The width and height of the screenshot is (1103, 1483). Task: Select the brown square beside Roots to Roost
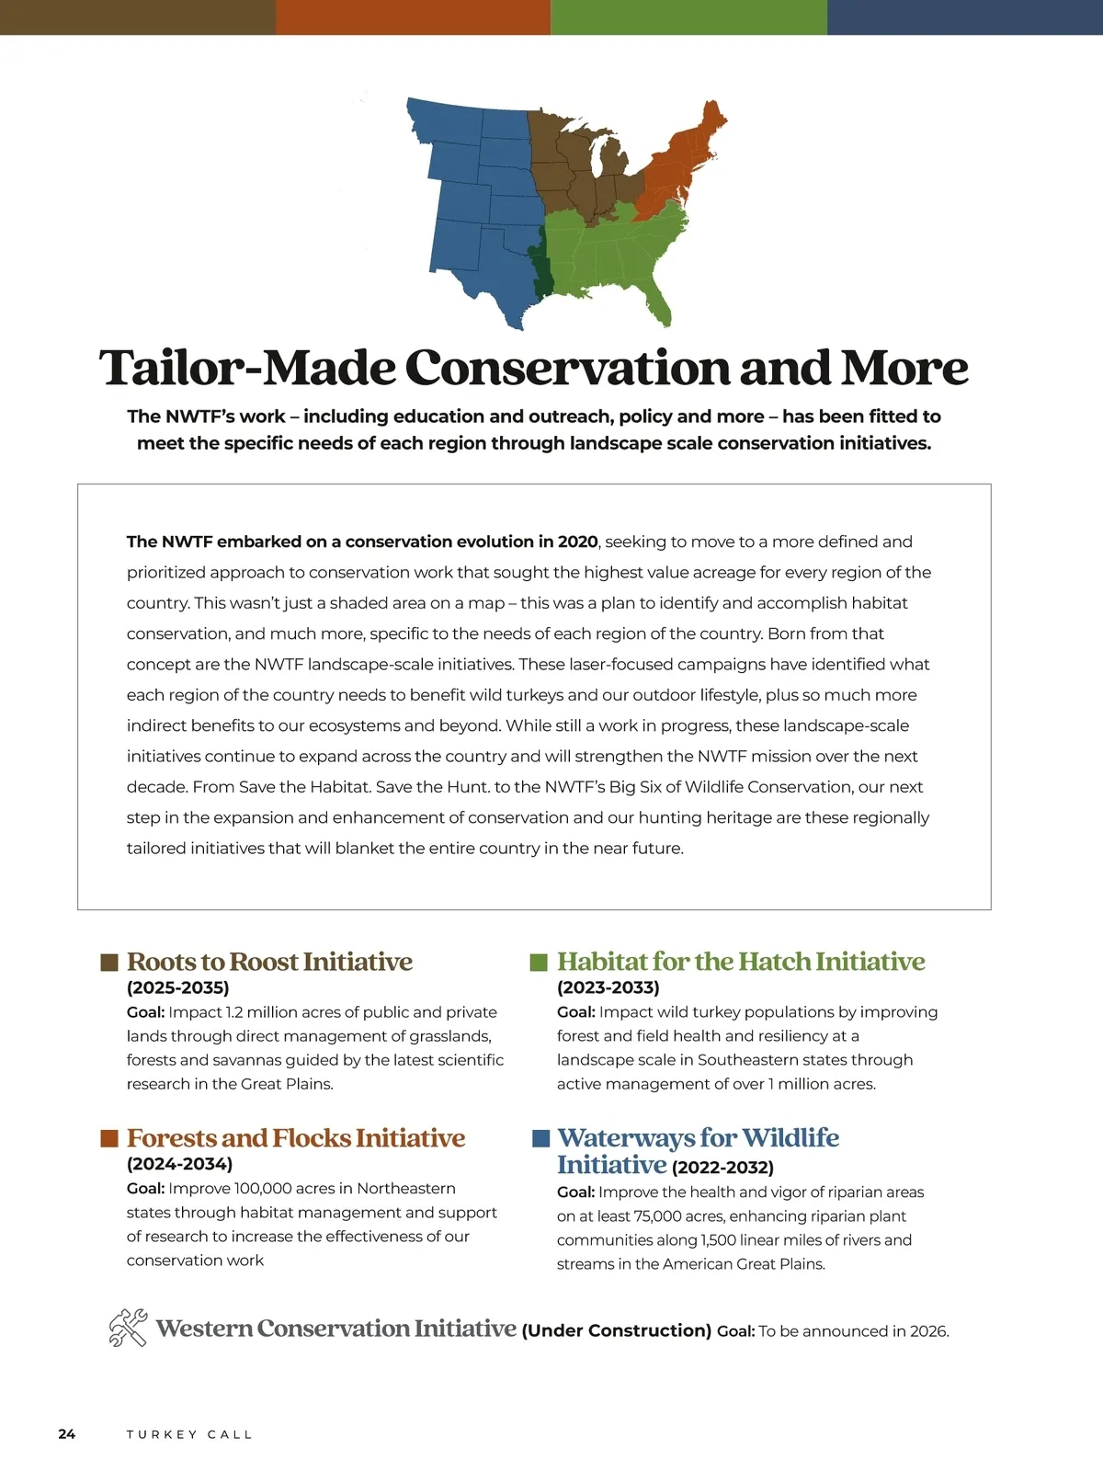[109, 963]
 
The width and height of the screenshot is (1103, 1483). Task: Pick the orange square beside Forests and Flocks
[109, 1139]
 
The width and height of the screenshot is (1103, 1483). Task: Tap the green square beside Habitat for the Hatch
[539, 963]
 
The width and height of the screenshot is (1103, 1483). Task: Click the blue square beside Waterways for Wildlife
[541, 1139]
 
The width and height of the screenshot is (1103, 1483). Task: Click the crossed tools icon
[128, 1329]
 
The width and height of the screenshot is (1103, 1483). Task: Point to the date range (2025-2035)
[177, 988]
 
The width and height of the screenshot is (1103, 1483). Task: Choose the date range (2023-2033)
[608, 988]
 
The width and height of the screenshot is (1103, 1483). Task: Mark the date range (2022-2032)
[722, 1169]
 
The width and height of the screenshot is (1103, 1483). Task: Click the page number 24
[67, 1434]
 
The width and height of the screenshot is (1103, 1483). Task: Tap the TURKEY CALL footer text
[188, 1434]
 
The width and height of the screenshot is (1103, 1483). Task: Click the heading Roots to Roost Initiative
[269, 962]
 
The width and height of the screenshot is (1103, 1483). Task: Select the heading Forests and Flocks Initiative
[296, 1138]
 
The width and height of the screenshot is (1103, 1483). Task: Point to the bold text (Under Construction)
[616, 1331]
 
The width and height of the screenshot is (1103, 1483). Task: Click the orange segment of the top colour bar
[414, 17]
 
